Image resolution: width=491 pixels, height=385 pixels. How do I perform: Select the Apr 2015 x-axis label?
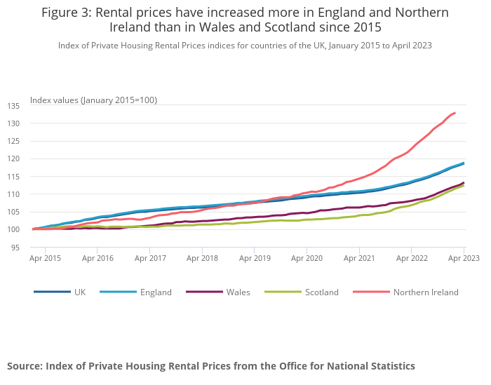pos(46,258)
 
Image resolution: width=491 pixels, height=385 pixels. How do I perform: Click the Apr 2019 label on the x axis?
pos(255,258)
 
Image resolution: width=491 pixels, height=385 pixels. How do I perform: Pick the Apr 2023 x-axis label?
pos(464,258)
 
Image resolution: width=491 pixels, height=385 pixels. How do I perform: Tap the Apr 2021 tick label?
pos(359,258)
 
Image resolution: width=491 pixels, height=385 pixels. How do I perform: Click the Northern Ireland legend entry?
pos(426,292)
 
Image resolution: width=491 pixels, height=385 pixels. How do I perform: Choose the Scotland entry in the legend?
pos(321,292)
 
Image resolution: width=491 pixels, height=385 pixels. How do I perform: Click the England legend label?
pos(155,292)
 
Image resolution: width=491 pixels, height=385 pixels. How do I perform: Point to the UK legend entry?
pos(79,292)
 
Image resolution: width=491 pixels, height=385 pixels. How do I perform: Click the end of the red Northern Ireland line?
pos(455,113)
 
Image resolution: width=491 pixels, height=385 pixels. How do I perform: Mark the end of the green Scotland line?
pos(464,185)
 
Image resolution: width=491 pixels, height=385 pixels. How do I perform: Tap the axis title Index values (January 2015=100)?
pos(93,100)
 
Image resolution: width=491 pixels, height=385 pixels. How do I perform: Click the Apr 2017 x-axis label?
pos(150,258)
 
